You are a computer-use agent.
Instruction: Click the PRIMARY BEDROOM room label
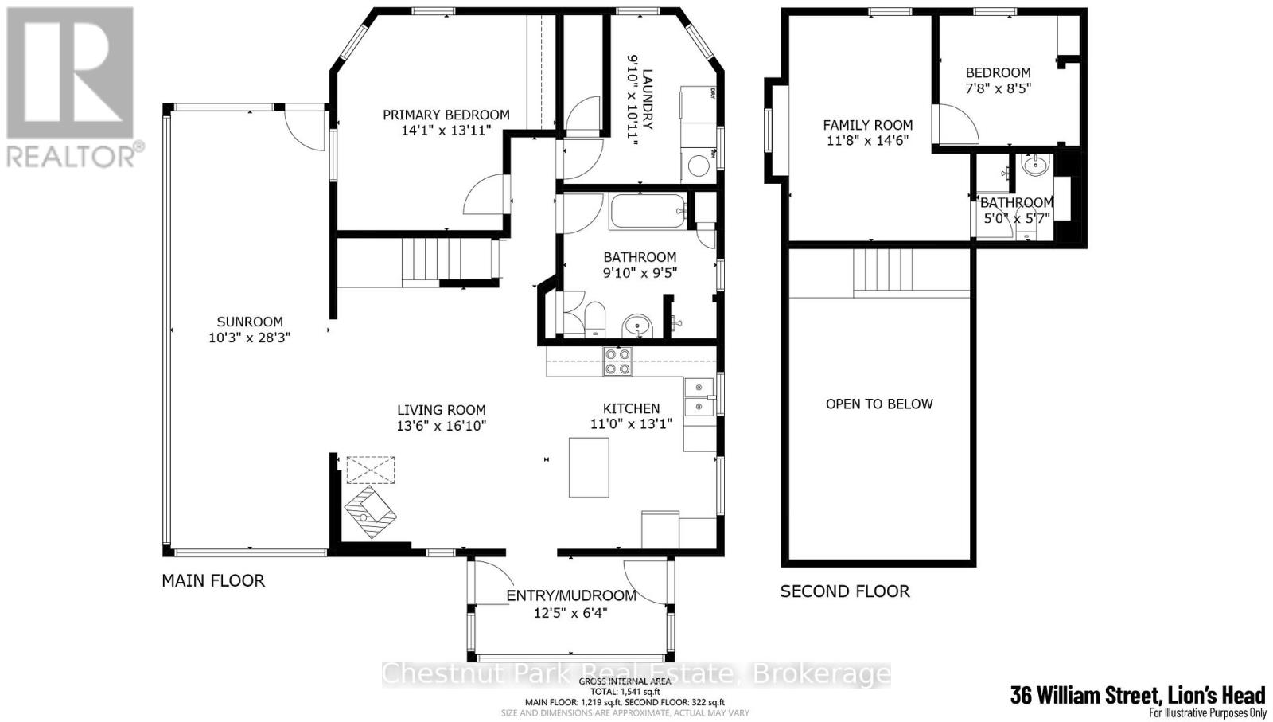click(446, 115)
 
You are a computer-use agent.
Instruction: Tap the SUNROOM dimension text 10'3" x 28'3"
click(250, 338)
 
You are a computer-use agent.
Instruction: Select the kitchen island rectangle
click(589, 467)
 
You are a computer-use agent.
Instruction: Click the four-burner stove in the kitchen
click(618, 362)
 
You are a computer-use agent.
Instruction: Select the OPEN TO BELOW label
click(879, 404)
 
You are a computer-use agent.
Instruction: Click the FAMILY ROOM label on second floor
click(867, 125)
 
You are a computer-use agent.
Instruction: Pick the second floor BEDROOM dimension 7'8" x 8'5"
click(998, 88)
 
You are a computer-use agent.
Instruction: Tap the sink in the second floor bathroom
click(1036, 166)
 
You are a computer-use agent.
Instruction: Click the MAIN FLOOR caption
click(213, 580)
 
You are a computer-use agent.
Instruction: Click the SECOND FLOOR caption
click(845, 591)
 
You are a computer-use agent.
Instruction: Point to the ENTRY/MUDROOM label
click(571, 595)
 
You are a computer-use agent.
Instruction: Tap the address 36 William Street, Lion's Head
click(1137, 695)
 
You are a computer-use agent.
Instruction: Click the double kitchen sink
click(699, 398)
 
